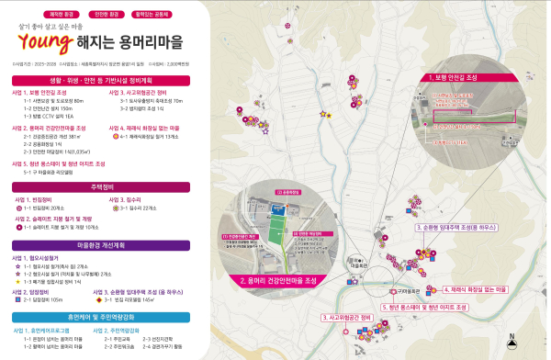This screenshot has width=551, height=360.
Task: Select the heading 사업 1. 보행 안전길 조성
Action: coord(39,93)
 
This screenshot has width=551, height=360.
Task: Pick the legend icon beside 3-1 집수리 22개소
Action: coord(115,208)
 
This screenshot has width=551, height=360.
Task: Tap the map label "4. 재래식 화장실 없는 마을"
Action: coord(480,288)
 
